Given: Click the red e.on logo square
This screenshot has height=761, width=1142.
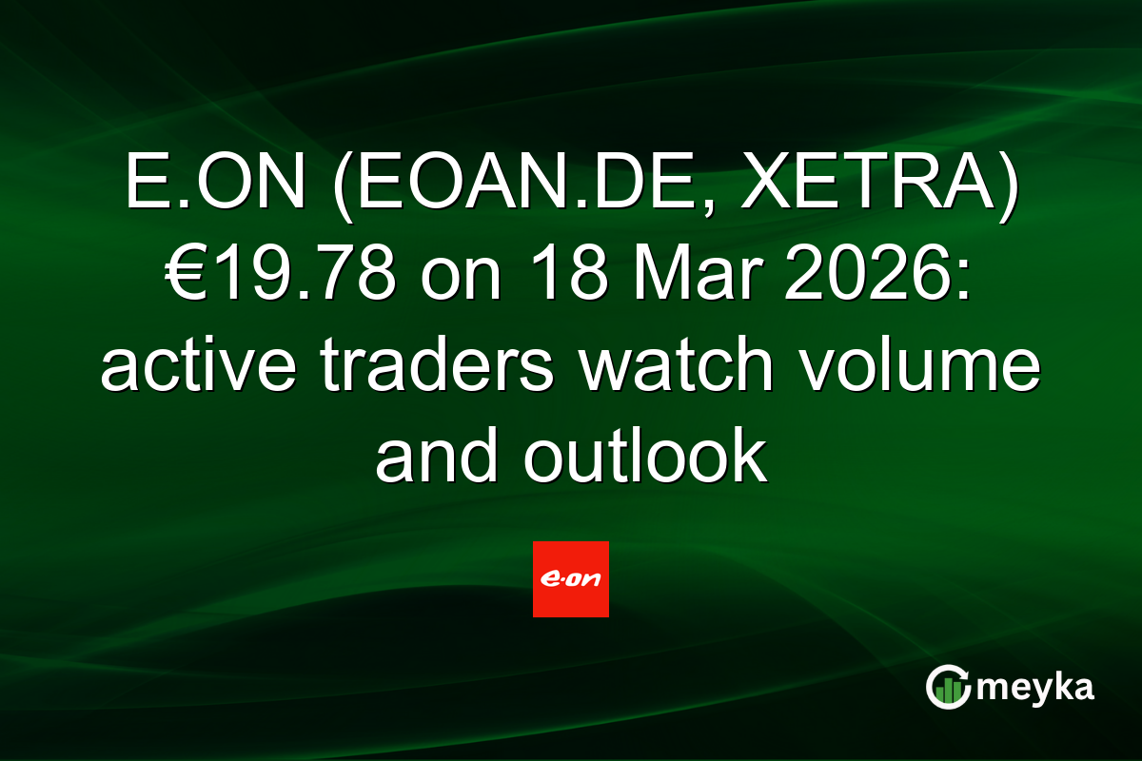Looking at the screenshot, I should click(571, 579).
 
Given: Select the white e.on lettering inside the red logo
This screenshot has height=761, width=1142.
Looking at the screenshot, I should click(571, 578).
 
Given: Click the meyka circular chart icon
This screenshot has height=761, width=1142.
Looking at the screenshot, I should click(948, 687).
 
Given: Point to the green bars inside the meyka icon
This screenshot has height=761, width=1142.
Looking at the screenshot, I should click(948, 691).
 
